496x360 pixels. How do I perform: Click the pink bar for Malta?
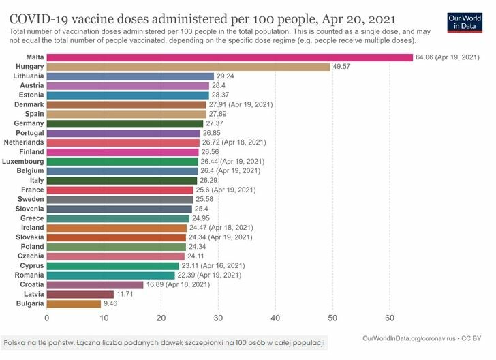230,57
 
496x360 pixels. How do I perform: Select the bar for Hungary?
189,67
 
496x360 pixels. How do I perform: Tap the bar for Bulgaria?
74,303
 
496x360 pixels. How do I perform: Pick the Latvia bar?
80,294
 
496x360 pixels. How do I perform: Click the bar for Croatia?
95,284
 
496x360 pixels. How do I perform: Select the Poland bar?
117,247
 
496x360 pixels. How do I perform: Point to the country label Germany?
29,123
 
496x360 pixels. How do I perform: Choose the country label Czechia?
31,256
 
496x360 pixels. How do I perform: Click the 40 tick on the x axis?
275,318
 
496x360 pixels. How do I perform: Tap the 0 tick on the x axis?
47,318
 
